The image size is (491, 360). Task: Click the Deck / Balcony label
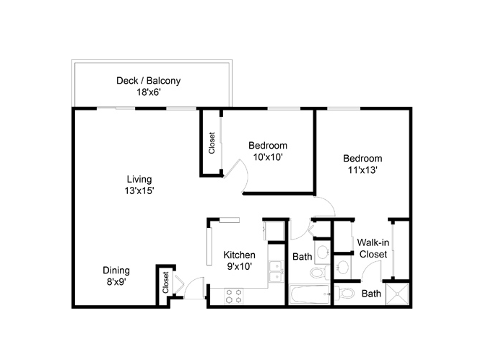(149, 81)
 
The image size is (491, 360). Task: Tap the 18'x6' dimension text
(149, 92)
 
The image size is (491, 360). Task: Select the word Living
(139, 180)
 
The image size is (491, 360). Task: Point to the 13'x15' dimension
(139, 190)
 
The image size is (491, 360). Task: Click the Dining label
(116, 271)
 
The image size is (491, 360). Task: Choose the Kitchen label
(239, 255)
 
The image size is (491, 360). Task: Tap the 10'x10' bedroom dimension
(268, 157)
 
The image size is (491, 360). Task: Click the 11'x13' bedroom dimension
(362, 170)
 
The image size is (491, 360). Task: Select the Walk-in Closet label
(373, 248)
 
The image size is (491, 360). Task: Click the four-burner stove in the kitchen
(234, 297)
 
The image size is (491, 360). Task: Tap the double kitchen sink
(276, 271)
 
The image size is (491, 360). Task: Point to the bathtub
(310, 294)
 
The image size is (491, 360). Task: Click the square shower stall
(397, 294)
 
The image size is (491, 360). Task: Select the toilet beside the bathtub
(320, 272)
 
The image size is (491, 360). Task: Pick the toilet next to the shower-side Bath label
(344, 294)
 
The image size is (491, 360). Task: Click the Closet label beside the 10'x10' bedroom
(212, 143)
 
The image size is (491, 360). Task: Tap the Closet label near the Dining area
(165, 282)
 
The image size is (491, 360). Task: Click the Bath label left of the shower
(371, 294)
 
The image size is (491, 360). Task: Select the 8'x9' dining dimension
(116, 282)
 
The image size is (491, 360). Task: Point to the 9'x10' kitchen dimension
(240, 266)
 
